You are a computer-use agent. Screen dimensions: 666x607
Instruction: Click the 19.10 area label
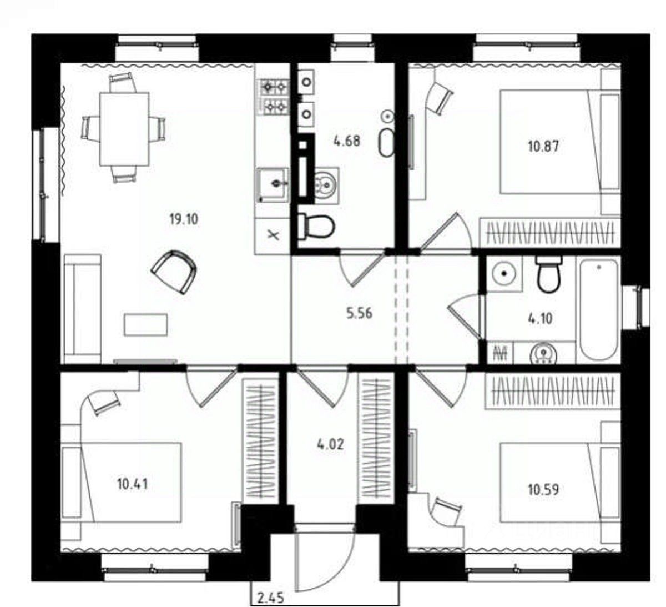tap(184, 219)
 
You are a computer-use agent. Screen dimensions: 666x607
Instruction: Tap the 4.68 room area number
tap(347, 141)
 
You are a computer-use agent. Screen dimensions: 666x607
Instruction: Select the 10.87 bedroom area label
tap(543, 147)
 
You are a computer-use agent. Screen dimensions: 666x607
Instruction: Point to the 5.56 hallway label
tap(360, 313)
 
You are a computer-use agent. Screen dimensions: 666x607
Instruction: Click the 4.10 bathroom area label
tap(540, 319)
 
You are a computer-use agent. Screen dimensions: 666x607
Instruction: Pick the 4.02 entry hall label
tap(331, 444)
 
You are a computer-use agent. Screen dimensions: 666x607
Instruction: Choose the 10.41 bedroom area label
tap(132, 484)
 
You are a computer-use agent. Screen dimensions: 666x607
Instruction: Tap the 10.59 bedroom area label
tap(543, 489)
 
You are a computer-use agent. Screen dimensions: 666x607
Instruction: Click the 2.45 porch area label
tap(271, 598)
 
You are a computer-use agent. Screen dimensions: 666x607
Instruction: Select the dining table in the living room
tap(124, 129)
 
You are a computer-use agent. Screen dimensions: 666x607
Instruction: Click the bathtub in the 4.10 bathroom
tap(599, 310)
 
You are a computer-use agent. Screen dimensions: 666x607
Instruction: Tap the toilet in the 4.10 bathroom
tap(549, 274)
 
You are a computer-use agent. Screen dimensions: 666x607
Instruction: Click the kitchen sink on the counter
tap(273, 185)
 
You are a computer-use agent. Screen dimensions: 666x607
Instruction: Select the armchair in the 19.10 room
tap(174, 272)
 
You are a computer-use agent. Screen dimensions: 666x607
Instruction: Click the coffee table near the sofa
tap(146, 324)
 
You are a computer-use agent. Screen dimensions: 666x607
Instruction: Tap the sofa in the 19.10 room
tap(82, 309)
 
